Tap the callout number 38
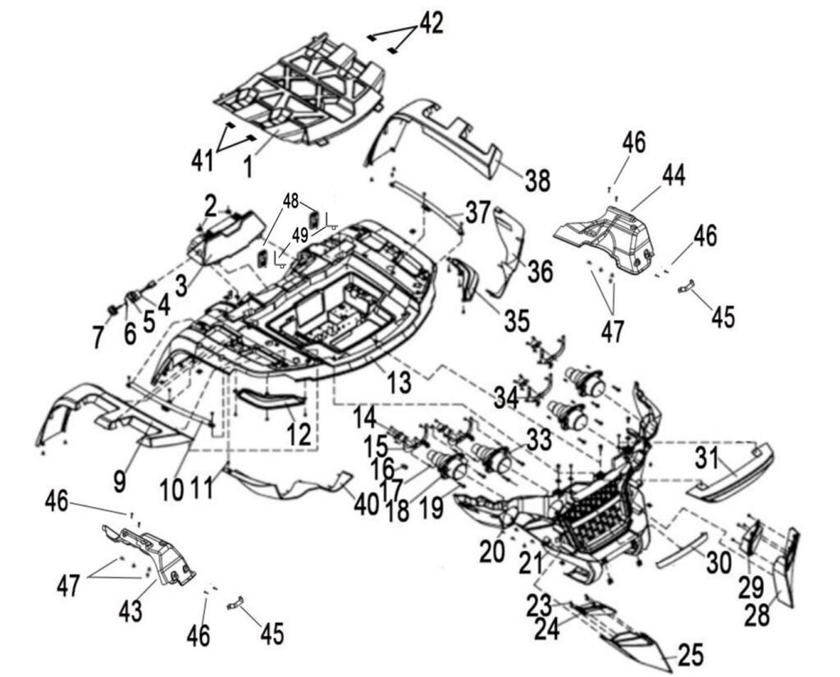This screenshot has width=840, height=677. tap(537, 181)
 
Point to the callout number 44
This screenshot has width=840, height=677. tap(674, 174)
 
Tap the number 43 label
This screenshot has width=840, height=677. tap(131, 611)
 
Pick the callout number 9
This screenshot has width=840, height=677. tap(120, 481)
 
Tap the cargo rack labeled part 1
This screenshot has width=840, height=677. tap(304, 90)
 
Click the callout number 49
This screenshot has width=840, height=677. tap(300, 235)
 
